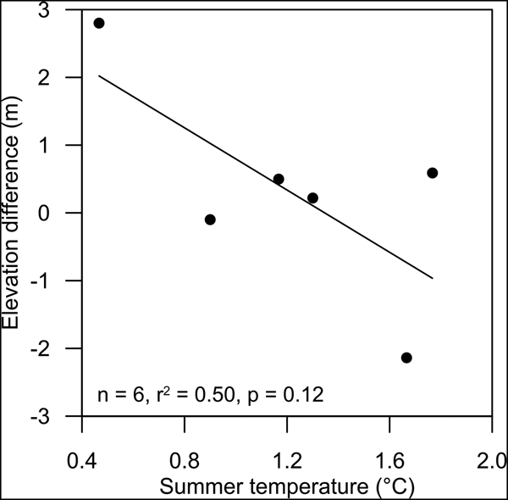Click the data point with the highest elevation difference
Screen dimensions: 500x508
[x=98, y=23]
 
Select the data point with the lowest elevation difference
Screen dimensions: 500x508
[x=406, y=358]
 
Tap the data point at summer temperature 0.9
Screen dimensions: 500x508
[x=210, y=219]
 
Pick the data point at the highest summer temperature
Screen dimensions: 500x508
[x=432, y=173]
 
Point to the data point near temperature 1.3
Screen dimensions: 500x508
[x=312, y=197]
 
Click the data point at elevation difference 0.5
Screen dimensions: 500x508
[x=279, y=179]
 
